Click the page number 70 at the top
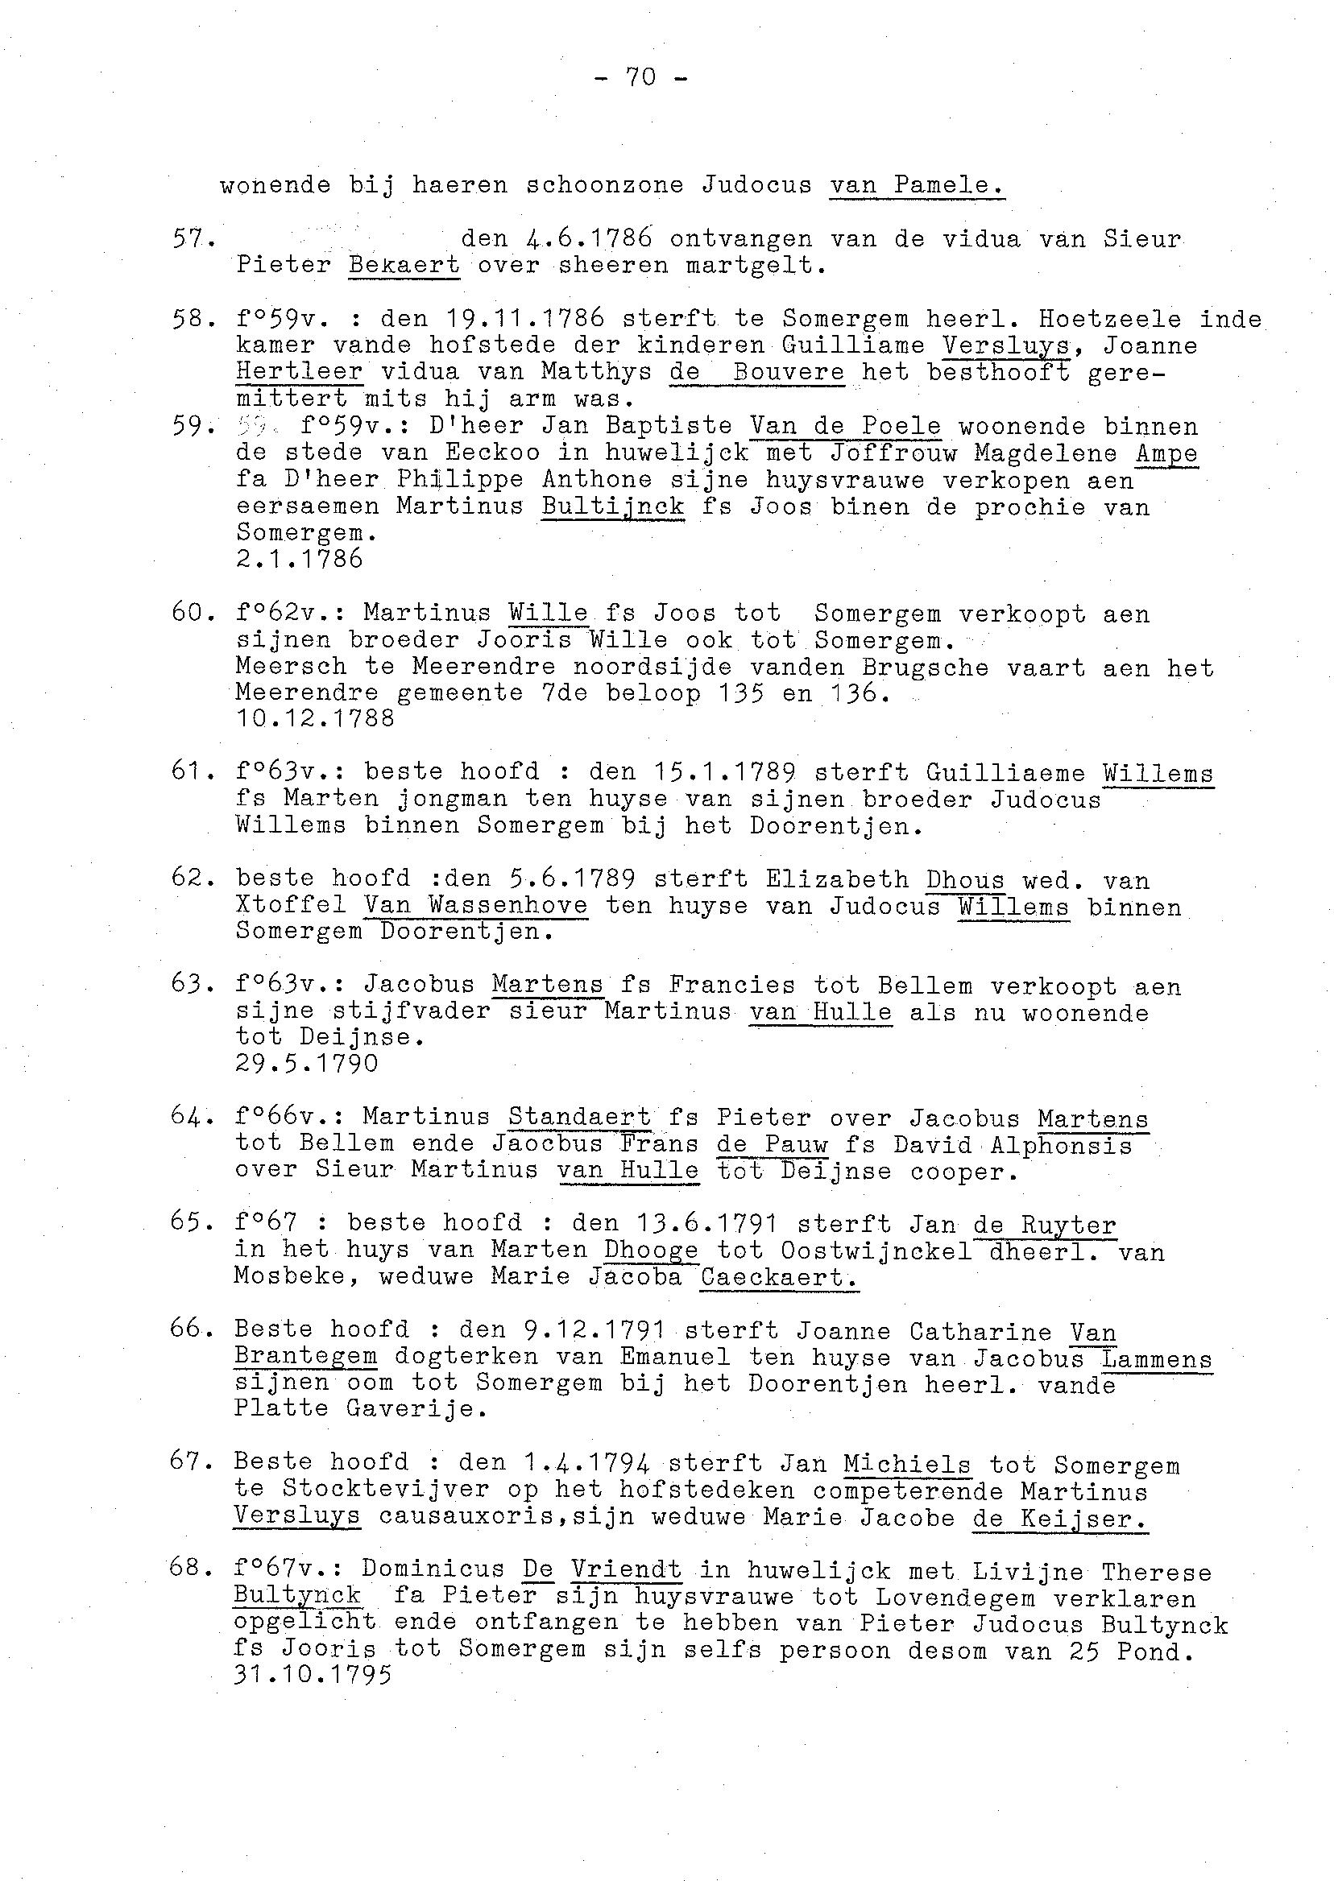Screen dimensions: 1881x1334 click(640, 77)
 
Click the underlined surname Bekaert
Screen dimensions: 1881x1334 click(404, 265)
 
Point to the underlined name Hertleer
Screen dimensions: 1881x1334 click(299, 371)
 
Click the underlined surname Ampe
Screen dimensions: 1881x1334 click(1166, 453)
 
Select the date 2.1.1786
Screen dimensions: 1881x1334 click(299, 559)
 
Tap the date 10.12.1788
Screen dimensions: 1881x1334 click(315, 718)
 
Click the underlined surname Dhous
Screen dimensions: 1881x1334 click(964, 880)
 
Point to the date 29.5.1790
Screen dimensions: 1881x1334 click(306, 1064)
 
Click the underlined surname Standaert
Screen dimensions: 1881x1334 click(579, 1117)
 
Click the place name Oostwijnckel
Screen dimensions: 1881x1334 click(876, 1251)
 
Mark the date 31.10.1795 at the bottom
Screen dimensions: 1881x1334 click(313, 1674)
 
